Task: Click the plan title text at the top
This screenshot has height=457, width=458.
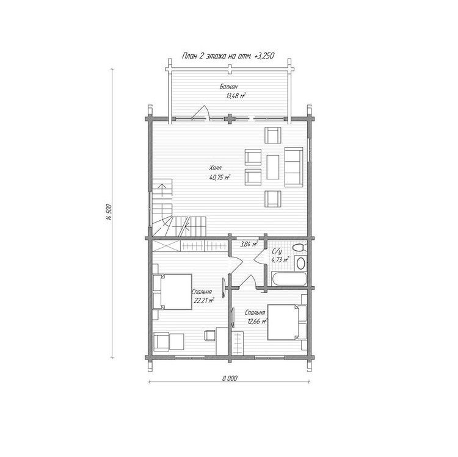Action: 228,56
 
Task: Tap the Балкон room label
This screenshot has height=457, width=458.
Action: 228,87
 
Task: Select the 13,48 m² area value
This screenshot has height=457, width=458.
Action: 236,96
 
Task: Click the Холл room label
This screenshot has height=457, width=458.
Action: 216,168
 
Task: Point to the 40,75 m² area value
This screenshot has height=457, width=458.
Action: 220,177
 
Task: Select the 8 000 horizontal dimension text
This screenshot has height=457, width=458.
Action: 230,378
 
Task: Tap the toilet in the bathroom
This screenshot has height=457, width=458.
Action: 300,248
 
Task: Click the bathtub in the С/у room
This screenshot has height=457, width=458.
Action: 289,279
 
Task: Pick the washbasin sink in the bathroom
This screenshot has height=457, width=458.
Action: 300,264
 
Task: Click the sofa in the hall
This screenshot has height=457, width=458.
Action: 294,167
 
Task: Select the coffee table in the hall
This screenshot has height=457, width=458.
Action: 272,167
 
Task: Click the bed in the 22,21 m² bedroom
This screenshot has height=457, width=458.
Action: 172,292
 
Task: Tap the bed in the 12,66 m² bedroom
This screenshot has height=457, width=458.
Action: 287,322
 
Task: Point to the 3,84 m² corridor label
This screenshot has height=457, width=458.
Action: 249,244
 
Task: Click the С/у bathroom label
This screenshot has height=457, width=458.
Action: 277,251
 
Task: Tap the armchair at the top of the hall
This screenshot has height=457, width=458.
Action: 273,135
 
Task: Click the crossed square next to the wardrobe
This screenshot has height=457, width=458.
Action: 166,246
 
